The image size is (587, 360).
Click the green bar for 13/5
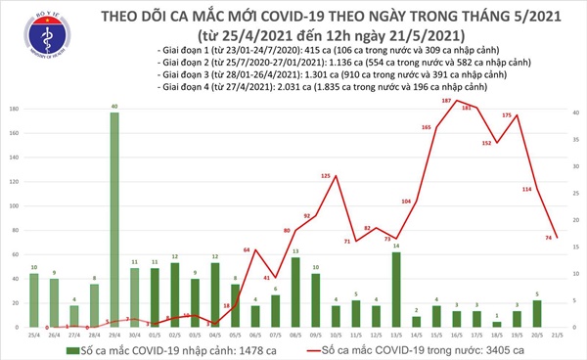click(x=394, y=290)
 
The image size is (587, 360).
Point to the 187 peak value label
click(x=447, y=101)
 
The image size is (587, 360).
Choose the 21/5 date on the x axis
click(x=556, y=335)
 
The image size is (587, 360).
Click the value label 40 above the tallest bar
click(x=114, y=106)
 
